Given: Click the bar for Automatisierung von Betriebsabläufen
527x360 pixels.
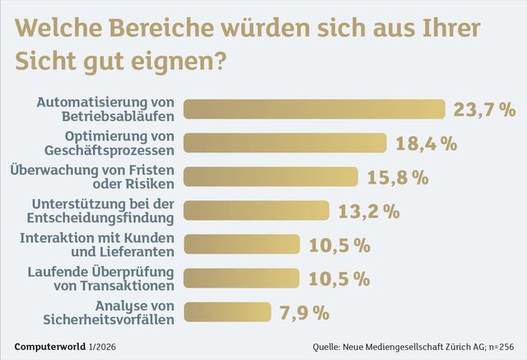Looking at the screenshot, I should coord(314,109).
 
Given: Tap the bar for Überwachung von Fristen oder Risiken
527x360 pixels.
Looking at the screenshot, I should coord(270,176).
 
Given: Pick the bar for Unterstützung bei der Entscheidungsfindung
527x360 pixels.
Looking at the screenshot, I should coord(256,210).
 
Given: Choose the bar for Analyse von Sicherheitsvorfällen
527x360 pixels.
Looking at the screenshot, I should coord(227,311).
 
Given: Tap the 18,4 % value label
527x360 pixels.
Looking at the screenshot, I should coord(427,143).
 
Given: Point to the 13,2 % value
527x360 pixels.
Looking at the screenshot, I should coord(369,210).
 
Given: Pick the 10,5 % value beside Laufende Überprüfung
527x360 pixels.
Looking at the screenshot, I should coord(339,278).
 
